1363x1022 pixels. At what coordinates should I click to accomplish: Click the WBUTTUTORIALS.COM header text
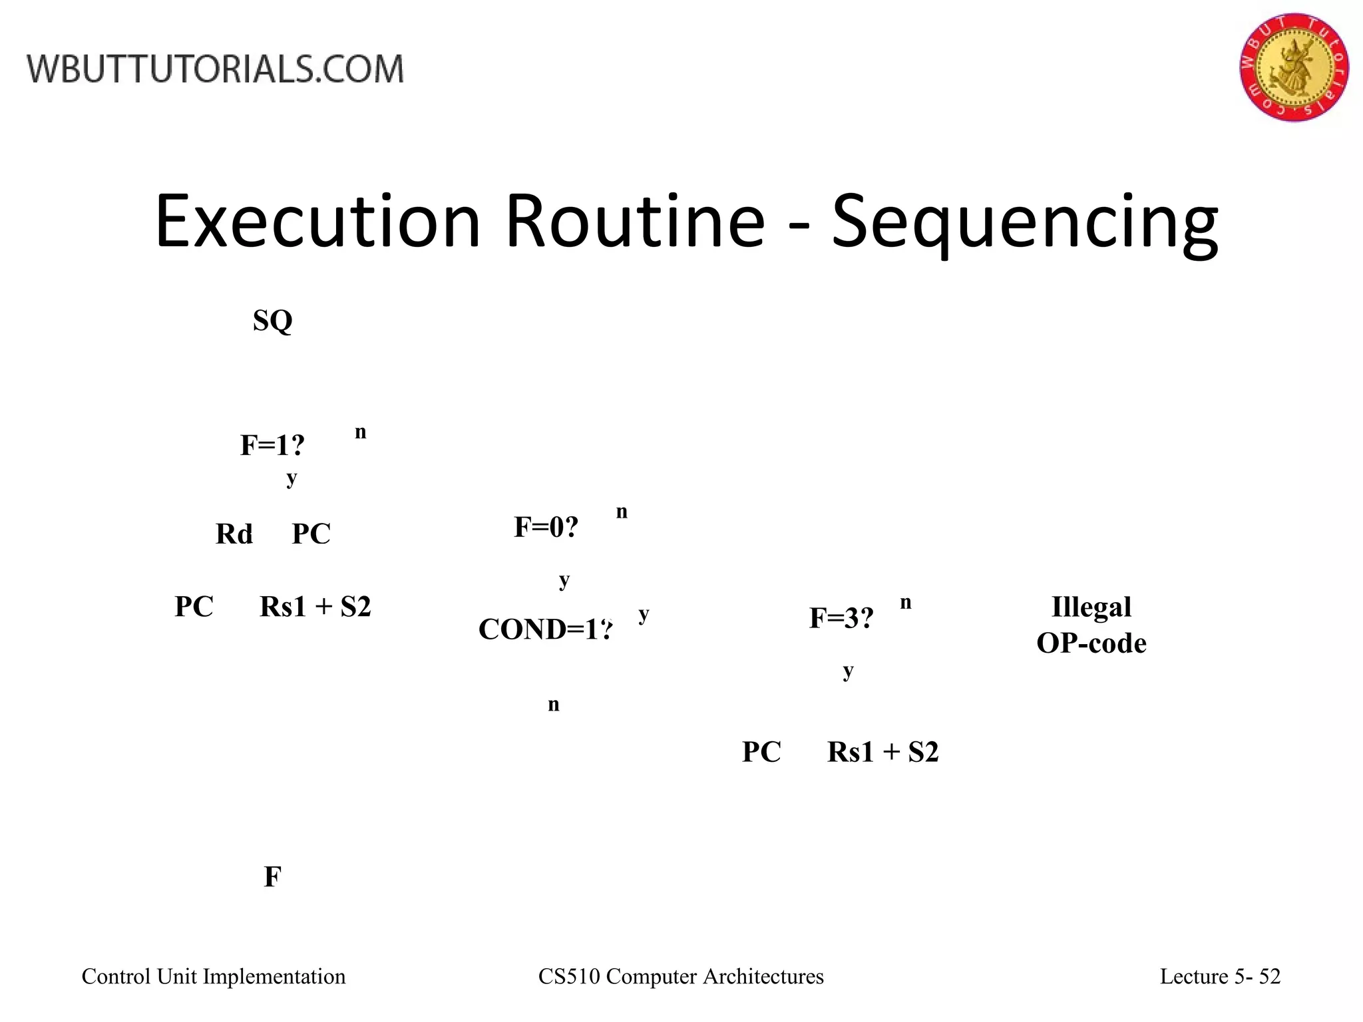point(215,69)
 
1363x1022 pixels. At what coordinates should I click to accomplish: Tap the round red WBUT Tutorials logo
point(1294,67)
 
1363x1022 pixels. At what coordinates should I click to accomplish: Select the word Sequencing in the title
point(1025,222)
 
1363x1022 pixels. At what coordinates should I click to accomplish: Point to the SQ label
point(273,321)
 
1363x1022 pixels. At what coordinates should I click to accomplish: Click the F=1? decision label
point(272,445)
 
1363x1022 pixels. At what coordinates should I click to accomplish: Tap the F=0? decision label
point(546,528)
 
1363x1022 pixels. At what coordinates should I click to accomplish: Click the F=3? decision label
point(841,618)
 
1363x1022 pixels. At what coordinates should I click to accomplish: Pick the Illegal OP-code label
point(1091,625)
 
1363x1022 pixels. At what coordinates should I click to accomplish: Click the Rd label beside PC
point(234,534)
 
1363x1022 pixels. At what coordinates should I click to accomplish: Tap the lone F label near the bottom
point(272,878)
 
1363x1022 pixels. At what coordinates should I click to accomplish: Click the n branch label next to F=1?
point(361,432)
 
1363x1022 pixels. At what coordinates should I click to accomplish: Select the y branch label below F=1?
point(292,478)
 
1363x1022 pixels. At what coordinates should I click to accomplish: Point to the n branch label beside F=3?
point(906,603)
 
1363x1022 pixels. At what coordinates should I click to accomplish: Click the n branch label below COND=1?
point(554,705)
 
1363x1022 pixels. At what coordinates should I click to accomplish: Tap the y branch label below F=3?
point(848,671)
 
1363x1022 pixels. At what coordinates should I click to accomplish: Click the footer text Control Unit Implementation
point(214,976)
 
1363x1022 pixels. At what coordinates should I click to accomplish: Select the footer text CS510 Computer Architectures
point(681,976)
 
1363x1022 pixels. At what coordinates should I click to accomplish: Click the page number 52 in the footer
point(1270,976)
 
